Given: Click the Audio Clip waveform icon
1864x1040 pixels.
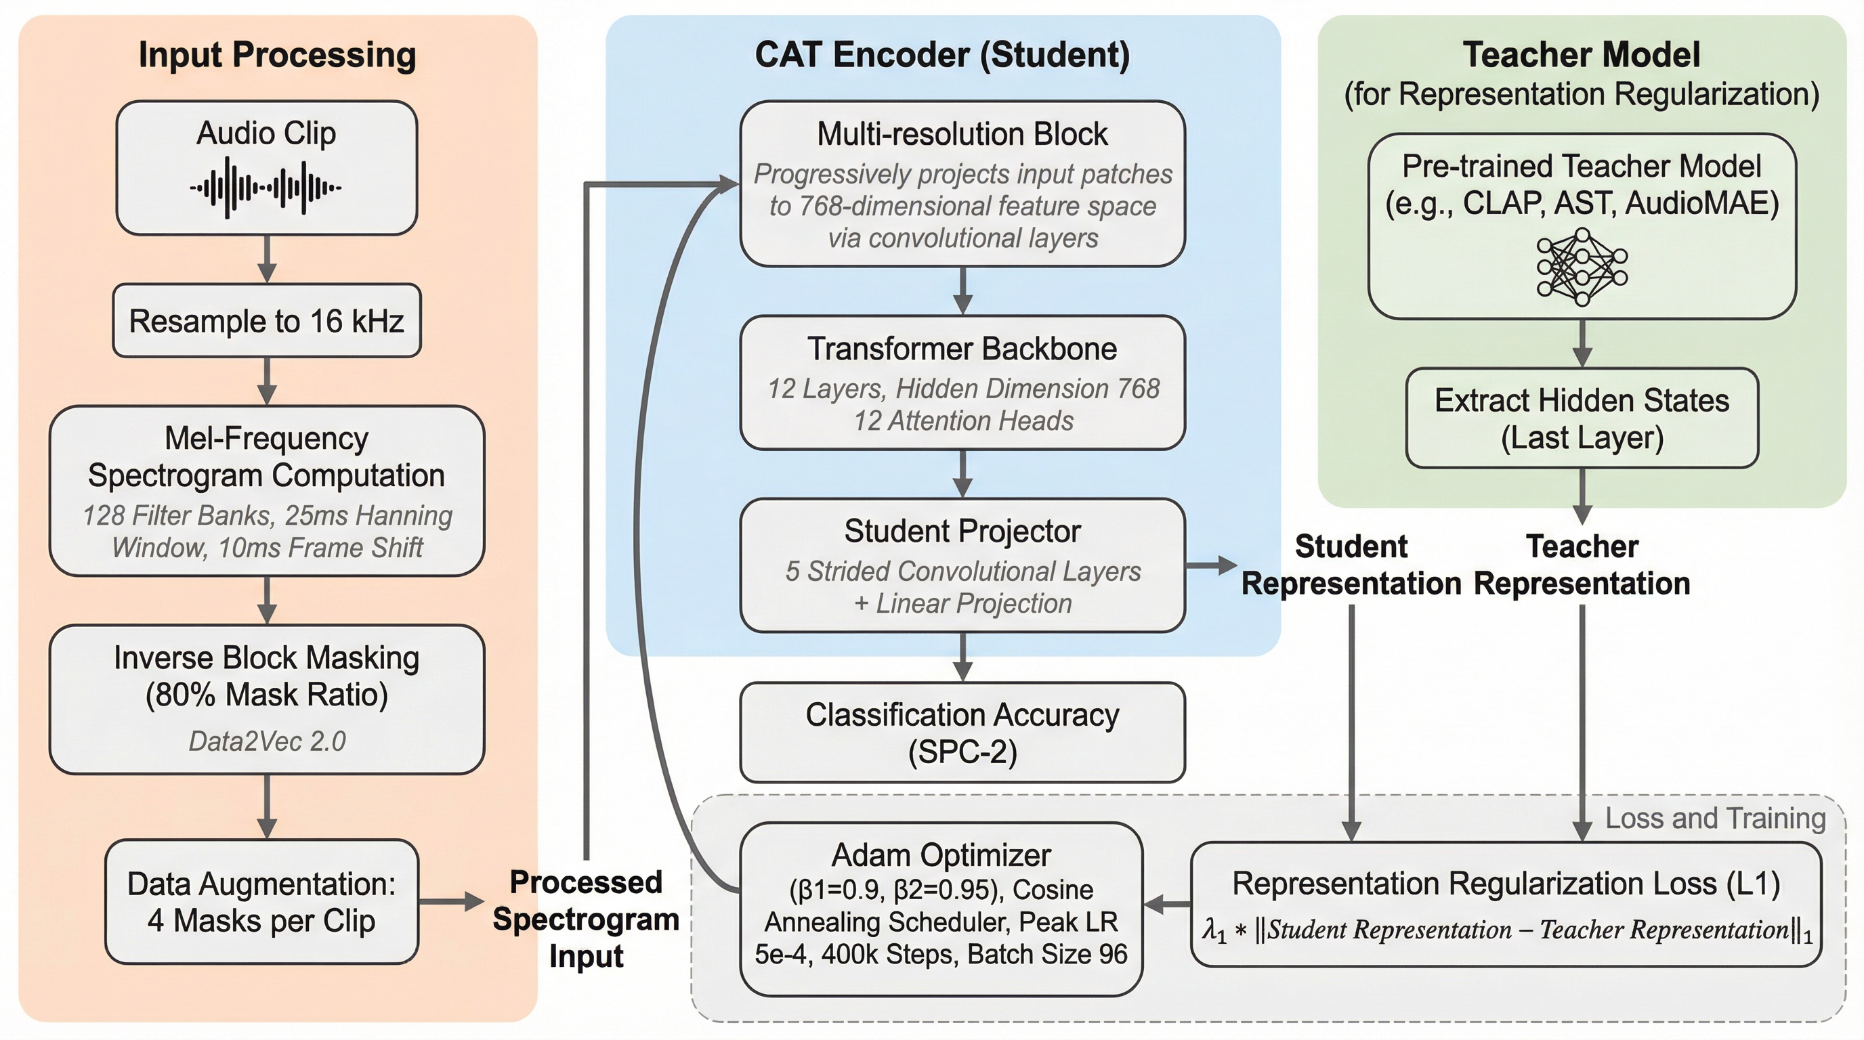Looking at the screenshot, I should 266,188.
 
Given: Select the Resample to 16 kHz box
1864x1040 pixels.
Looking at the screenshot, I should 266,320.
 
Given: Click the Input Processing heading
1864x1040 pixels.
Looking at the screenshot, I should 277,55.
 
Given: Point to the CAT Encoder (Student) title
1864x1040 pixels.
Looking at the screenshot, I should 942,55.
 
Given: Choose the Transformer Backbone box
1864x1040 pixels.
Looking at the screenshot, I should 962,382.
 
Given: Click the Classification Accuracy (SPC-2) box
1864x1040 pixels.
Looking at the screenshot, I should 962,732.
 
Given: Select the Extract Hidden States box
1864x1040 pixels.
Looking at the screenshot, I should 1582,418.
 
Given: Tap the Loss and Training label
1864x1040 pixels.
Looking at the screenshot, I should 1715,818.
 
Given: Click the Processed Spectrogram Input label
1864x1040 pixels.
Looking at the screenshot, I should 586,919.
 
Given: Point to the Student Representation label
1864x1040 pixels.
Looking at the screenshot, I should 1351,565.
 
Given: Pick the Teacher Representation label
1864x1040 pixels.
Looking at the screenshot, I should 1582,565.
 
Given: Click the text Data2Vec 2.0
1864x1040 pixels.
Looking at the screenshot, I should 267,741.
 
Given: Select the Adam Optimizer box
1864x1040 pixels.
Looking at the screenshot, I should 941,909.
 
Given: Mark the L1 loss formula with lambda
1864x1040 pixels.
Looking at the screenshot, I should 1506,930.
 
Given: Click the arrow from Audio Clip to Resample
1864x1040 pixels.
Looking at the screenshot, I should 267,258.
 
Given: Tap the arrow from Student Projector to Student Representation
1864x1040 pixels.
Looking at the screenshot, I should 1210,565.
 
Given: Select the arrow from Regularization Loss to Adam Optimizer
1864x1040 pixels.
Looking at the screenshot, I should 1166,903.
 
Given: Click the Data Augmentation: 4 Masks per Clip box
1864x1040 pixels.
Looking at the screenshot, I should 261,901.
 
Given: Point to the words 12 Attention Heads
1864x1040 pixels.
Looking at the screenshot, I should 963,421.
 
